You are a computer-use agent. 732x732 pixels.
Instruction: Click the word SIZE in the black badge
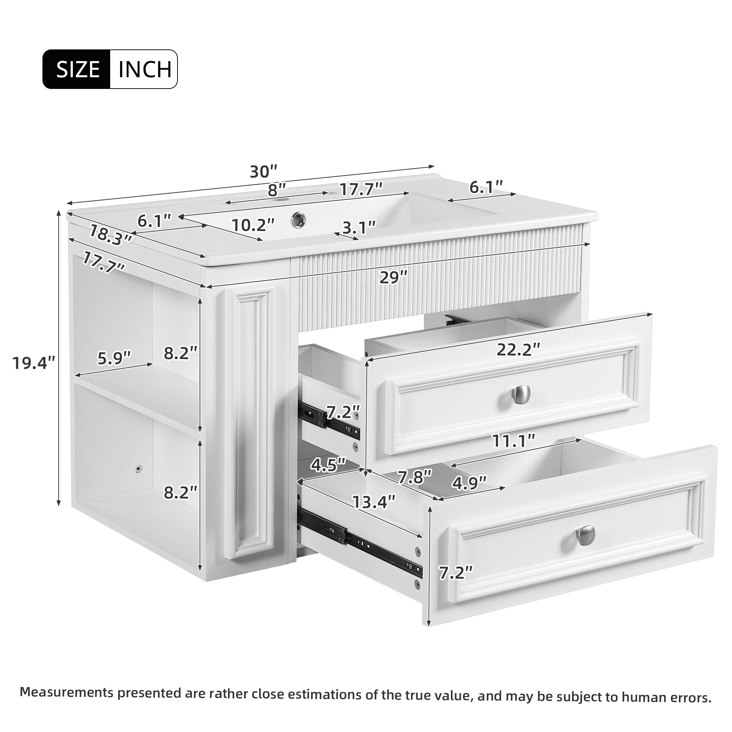pyautogui.click(x=78, y=69)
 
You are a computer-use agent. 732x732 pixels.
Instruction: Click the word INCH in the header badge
pyautogui.click(x=145, y=69)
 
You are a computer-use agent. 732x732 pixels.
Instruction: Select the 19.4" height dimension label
pyautogui.click(x=34, y=363)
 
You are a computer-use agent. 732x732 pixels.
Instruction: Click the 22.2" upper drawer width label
pyautogui.click(x=518, y=349)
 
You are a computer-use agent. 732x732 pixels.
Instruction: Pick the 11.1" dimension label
pyautogui.click(x=513, y=441)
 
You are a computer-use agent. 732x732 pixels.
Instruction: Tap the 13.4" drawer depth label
pyautogui.click(x=374, y=502)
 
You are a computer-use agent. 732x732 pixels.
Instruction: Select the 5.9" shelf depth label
pyautogui.click(x=114, y=357)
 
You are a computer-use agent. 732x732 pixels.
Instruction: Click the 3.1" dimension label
pyautogui.click(x=359, y=227)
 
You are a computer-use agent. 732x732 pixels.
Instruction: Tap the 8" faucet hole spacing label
pyautogui.click(x=276, y=190)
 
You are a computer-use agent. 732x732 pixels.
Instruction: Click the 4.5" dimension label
pyautogui.click(x=328, y=464)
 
